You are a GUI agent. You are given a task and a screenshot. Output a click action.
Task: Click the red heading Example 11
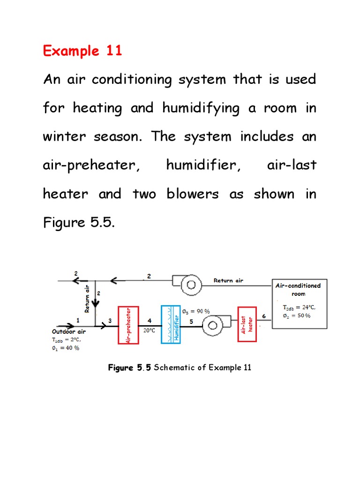tap(82, 51)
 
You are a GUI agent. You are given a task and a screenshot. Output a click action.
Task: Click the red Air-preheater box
tap(128, 325)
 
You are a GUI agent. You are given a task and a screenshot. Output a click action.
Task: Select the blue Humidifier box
tap(171, 324)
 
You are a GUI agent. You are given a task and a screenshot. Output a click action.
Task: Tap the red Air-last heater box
tap(248, 324)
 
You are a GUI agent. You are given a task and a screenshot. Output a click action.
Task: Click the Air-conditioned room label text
tap(298, 289)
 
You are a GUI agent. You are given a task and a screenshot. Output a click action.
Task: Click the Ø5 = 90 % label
tap(195, 311)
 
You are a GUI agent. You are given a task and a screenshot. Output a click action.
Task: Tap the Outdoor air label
tap(68, 331)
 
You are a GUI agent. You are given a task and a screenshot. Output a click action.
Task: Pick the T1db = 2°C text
tap(66, 339)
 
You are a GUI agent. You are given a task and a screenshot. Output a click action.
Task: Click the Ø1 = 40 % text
tap(66, 348)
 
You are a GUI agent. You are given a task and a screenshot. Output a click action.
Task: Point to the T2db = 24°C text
tap(299, 307)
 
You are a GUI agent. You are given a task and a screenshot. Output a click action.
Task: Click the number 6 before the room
tap(264, 316)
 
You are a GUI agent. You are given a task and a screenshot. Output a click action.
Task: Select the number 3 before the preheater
tap(110, 321)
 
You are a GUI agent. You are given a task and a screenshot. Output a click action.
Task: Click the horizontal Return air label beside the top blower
tap(228, 281)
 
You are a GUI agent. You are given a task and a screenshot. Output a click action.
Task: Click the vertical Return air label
tap(87, 299)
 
